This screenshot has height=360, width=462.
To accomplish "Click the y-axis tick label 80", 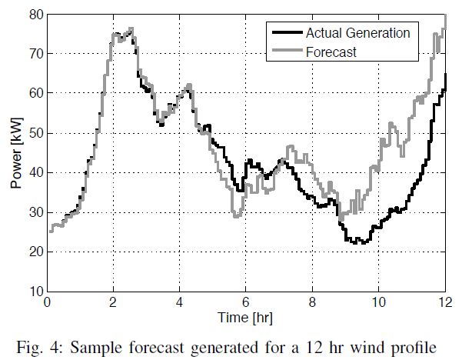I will click(x=35, y=15).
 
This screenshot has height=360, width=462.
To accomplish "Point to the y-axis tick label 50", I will click(x=35, y=133).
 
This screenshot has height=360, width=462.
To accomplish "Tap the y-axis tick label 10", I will click(x=35, y=292).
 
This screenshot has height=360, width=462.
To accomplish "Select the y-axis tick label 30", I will click(x=35, y=212).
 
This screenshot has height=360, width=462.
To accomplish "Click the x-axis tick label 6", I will click(x=246, y=303).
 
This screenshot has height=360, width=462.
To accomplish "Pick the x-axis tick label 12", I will click(x=444, y=303).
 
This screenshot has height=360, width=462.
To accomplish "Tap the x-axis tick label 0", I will click(x=48, y=303).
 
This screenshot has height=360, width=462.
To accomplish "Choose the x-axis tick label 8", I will click(x=312, y=303).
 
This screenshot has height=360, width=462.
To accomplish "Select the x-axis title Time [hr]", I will click(x=246, y=316).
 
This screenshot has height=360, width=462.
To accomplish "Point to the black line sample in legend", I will click(x=286, y=33).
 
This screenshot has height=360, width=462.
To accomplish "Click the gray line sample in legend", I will click(x=286, y=52).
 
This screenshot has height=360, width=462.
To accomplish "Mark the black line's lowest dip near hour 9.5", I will click(x=358, y=242).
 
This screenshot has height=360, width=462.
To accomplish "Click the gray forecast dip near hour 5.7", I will click(x=237, y=216).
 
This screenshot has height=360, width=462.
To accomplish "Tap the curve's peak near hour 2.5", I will click(x=131, y=29).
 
